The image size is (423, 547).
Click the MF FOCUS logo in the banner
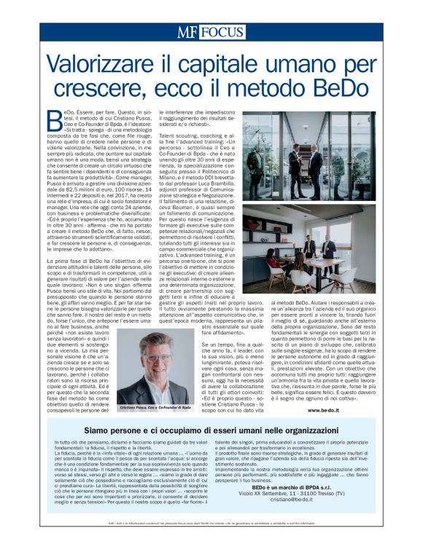tap(211, 32)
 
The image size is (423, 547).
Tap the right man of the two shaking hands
tap(320, 152)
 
